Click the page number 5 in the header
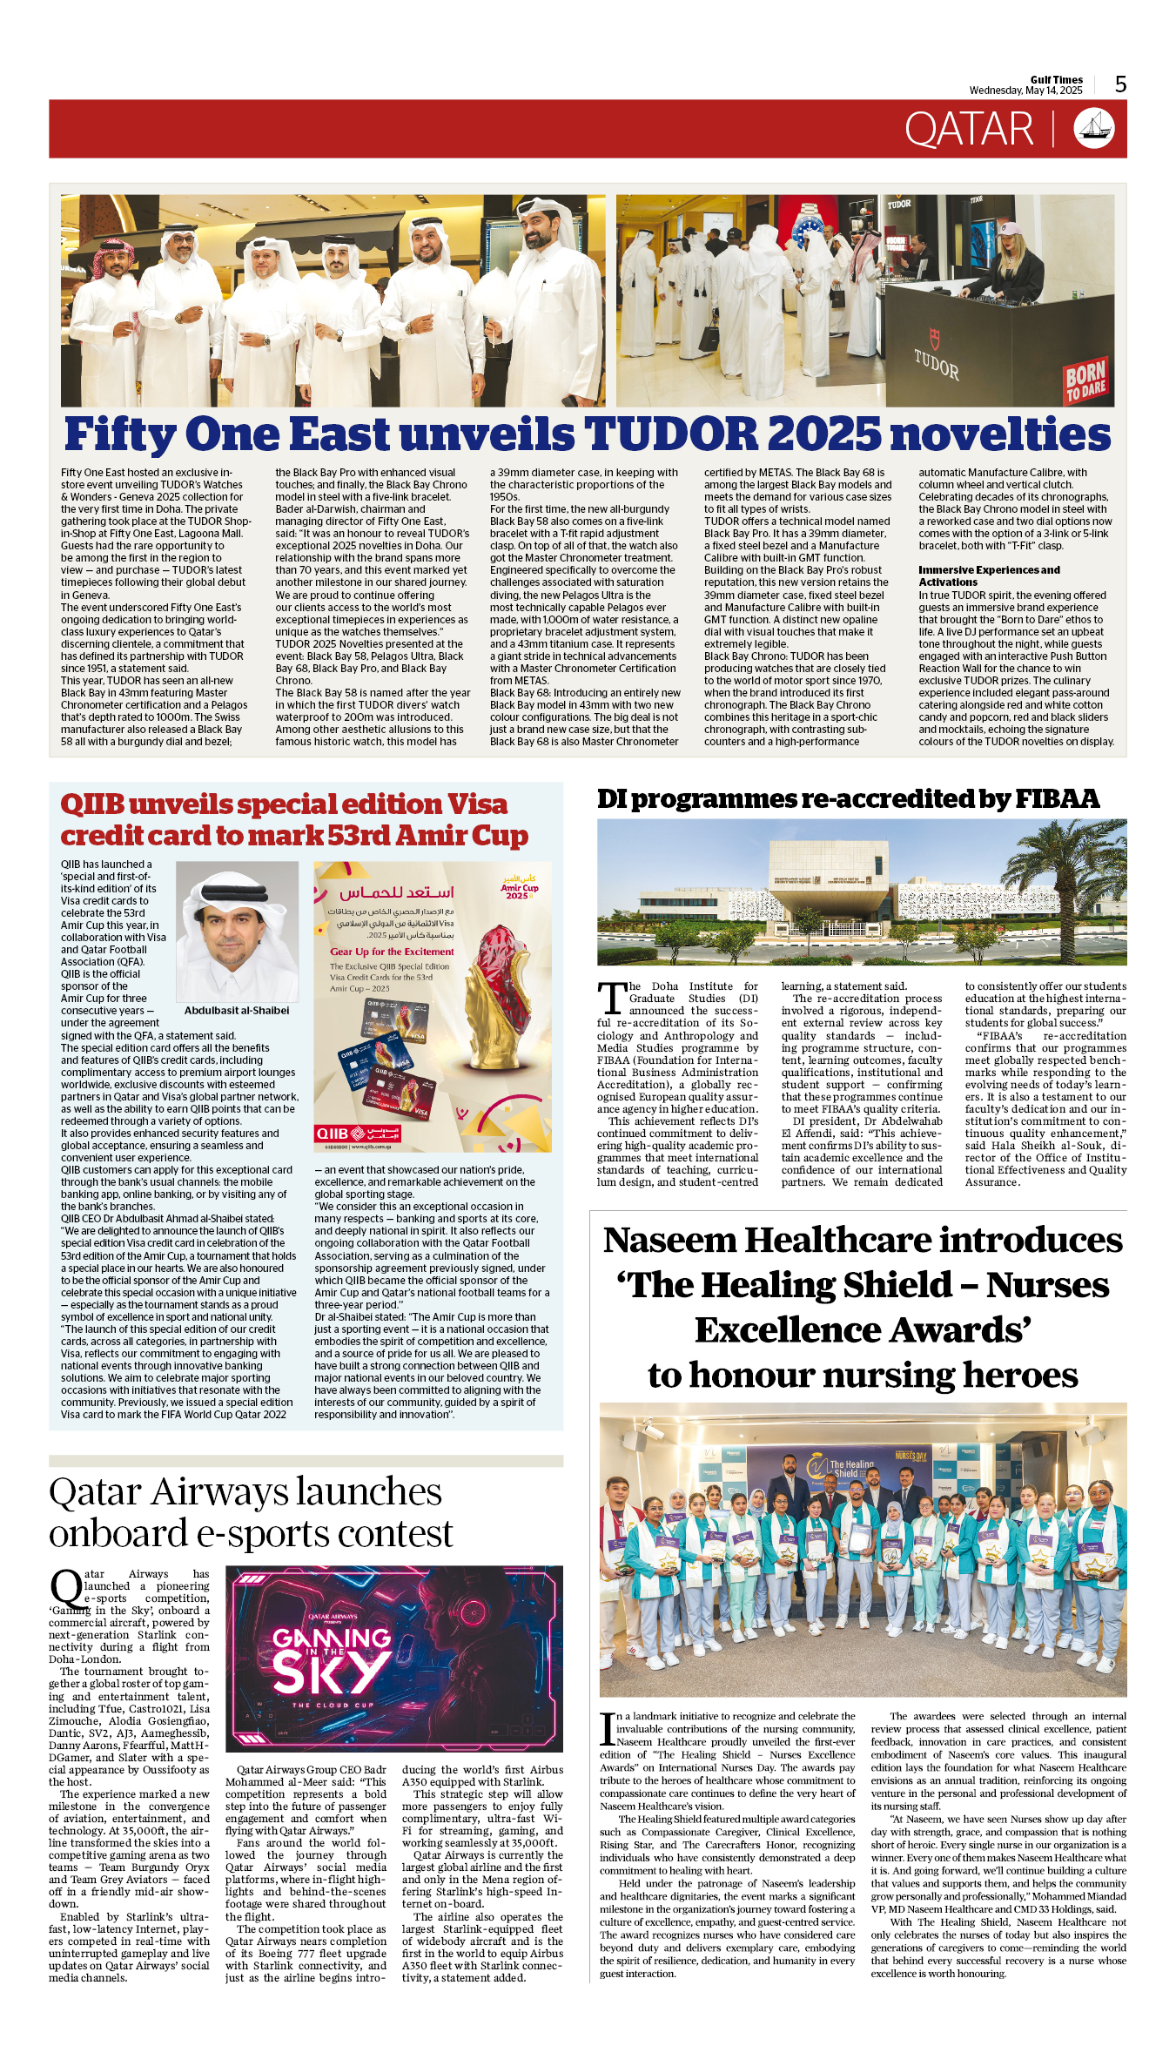tap(1120, 84)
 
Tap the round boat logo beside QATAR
tap(1094, 128)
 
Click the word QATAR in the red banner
tap(968, 130)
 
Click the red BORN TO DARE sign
tap(1085, 380)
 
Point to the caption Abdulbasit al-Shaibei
tap(237, 1011)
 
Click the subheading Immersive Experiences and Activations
tap(989, 575)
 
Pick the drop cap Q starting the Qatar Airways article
tap(66, 1589)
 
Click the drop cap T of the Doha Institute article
tap(612, 998)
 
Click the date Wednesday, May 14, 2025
tap(1025, 91)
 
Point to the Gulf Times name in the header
tap(1056, 79)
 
